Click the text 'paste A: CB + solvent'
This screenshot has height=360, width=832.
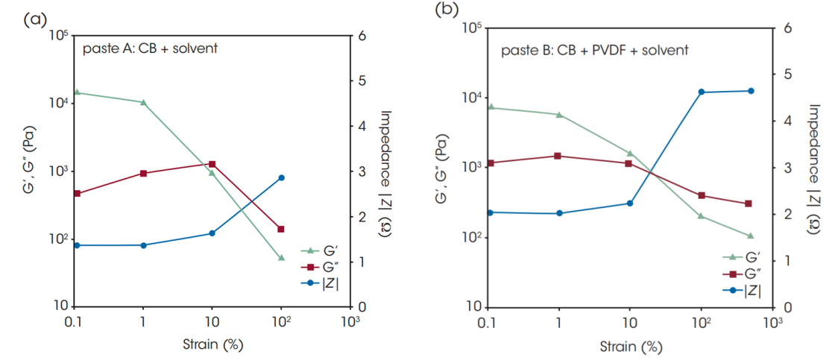pos(150,50)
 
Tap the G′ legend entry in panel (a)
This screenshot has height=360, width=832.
pos(320,250)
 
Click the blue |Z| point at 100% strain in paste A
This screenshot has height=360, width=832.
pos(281,178)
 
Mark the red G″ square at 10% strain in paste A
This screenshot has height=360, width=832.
pos(212,164)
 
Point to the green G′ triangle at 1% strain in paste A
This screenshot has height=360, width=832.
pos(143,103)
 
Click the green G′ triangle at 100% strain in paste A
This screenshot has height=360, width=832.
pos(281,258)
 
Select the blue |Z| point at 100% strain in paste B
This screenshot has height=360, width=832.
pos(702,92)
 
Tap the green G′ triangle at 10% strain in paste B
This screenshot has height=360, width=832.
pos(630,154)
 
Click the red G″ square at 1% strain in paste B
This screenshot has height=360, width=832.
pos(558,156)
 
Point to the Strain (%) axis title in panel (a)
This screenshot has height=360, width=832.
pos(213,344)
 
